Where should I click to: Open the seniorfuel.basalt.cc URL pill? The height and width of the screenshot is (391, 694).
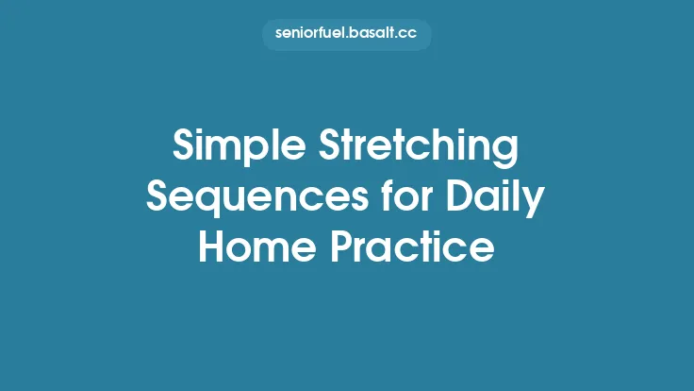[x=347, y=35]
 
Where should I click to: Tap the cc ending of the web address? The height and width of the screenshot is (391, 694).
[x=407, y=35]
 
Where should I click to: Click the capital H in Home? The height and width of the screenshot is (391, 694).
[x=213, y=246]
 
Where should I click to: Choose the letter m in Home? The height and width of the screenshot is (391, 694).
[x=274, y=249]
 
